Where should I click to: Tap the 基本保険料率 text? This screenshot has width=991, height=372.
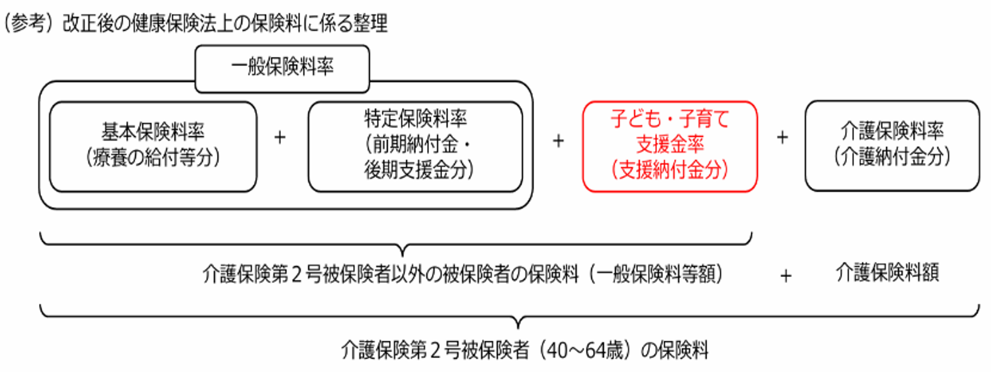coord(153,132)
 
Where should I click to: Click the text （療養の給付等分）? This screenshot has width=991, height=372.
coord(153,157)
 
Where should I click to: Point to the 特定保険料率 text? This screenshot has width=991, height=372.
coord(416,118)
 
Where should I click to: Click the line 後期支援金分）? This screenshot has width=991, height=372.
coord(419,170)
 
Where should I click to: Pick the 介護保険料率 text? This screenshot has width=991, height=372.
coord(892,131)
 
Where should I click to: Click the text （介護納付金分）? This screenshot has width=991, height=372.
coord(892,156)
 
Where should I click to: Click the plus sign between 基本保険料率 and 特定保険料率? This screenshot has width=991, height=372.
coord(280,137)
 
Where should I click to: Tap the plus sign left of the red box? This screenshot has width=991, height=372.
coord(558,141)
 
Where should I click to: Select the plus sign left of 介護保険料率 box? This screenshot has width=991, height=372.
coord(783,137)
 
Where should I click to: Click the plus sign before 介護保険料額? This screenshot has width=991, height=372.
coord(786,276)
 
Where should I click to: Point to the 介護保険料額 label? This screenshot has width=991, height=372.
coord(887,273)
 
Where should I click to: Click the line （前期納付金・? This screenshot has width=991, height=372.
coord(418,144)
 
